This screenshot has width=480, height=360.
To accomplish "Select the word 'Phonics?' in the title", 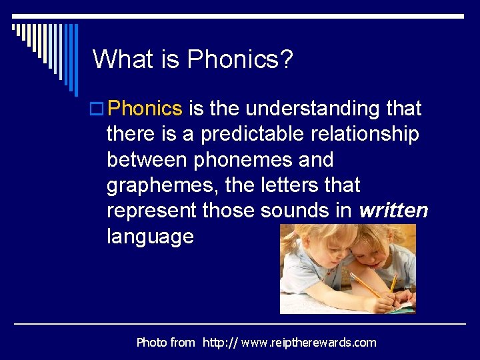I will point(240,59).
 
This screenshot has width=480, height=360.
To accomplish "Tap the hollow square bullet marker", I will point(98,109).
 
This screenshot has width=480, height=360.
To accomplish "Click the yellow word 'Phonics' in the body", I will point(145,108).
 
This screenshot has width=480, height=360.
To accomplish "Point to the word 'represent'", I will point(151,211).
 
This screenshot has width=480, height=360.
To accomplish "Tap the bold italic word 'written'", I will point(393,211).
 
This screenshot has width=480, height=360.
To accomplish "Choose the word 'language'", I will point(150,237).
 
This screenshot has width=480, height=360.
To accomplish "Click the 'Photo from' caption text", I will point(165,343).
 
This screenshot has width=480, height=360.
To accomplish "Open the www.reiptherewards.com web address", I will point(289,343).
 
